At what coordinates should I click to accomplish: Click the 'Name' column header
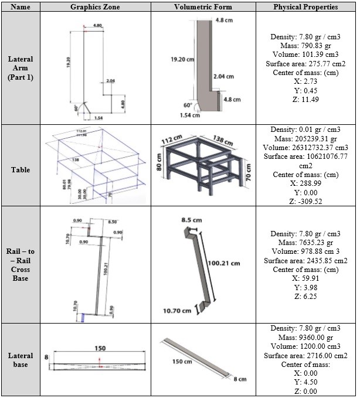[x=20, y=7]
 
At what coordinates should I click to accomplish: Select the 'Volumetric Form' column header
[x=203, y=7]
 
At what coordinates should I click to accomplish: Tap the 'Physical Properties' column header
[x=305, y=7]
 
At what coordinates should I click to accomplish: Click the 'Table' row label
[x=20, y=170]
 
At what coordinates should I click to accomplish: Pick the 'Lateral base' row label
[x=20, y=360]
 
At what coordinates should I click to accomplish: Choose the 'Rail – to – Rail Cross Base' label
[x=20, y=263]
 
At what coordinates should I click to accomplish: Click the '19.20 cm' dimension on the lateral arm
[x=183, y=60]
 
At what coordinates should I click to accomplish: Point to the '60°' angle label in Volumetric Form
[x=188, y=105]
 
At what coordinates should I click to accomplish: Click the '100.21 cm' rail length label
[x=223, y=263]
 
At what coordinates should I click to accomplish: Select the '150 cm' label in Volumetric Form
[x=182, y=362]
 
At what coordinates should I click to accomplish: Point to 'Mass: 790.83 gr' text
[x=304, y=45]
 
